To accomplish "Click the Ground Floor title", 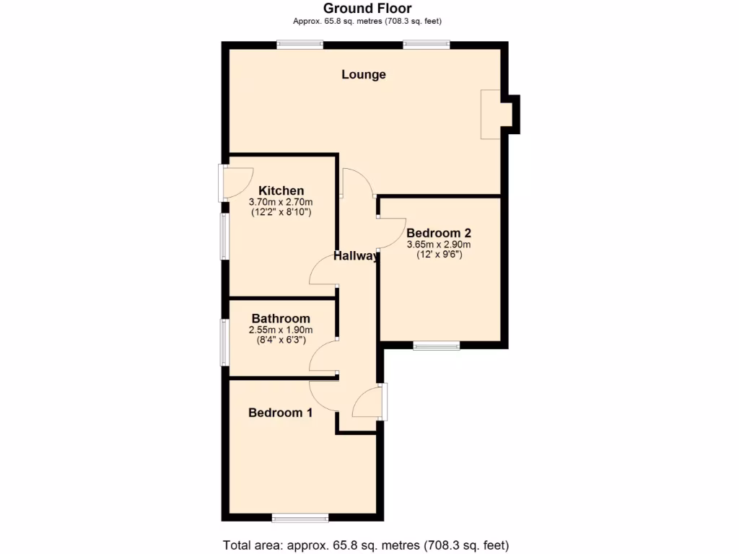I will click(367, 9).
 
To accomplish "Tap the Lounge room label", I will click(364, 74).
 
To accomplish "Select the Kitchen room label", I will click(281, 191).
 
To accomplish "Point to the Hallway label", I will click(356, 256).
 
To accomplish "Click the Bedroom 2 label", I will click(439, 233).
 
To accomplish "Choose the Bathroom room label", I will click(281, 318).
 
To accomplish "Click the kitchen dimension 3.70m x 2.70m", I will click(281, 202).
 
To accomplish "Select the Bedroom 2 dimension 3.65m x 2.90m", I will click(439, 244).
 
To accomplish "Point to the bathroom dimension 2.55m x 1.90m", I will click(281, 330).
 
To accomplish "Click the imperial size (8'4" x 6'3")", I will click(281, 340).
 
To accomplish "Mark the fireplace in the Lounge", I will click(491, 114).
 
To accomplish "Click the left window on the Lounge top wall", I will click(300, 45).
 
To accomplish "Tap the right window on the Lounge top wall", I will click(427, 45).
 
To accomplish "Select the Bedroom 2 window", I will click(437, 346).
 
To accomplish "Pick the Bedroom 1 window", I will click(300, 517).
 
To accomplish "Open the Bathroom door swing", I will click(323, 353).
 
